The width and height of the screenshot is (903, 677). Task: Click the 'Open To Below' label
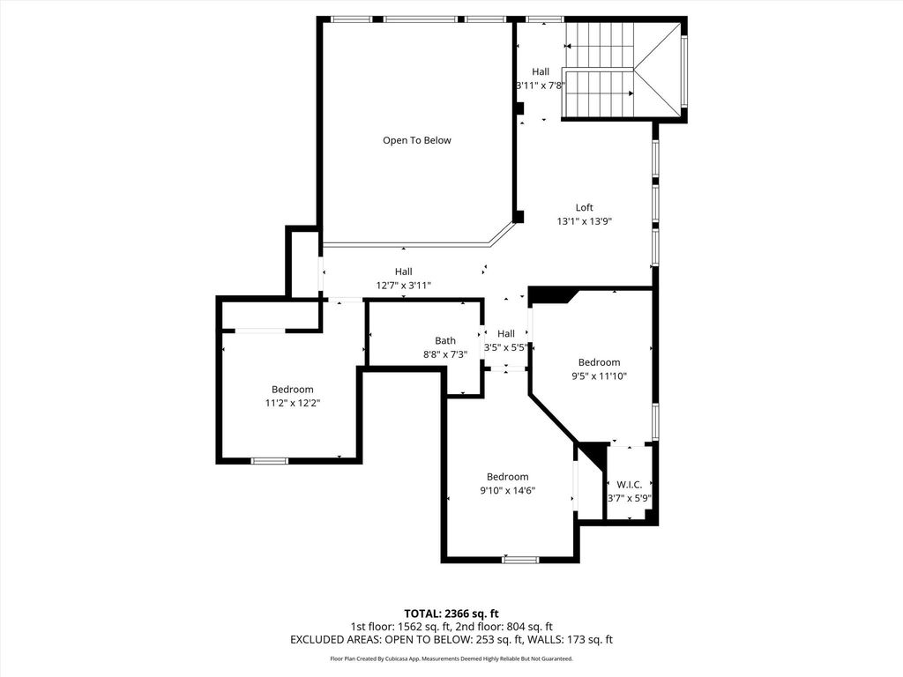417,140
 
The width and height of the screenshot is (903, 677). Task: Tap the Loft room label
584,208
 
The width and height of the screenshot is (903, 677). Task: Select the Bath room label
445,341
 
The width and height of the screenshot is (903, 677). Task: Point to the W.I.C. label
630,485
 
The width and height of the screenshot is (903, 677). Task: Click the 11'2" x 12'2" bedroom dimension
293,403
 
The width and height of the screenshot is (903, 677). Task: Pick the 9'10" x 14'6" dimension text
508,490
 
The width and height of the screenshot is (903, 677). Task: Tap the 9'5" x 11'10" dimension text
600,376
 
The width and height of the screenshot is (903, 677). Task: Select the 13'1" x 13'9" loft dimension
584,221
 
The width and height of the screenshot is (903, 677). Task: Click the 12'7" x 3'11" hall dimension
404,285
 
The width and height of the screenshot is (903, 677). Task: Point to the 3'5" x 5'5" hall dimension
506,347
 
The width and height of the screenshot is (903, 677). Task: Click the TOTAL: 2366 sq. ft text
451,614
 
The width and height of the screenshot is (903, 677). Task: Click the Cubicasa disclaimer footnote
451,658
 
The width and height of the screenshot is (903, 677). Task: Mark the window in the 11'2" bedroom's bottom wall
270,460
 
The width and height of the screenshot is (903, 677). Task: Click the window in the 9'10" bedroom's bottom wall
520,559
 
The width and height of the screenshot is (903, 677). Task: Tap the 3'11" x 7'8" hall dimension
541,86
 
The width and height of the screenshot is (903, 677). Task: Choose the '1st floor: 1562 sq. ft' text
399,627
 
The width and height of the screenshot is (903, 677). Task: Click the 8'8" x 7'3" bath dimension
445,354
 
